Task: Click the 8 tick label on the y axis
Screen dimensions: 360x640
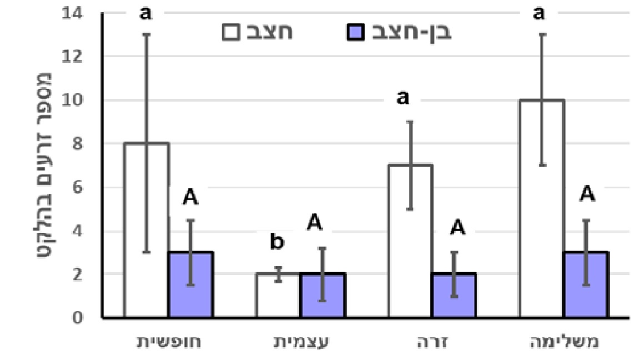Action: (x=76, y=144)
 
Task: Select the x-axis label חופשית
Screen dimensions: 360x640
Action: (x=169, y=341)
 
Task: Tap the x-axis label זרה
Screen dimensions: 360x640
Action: (x=432, y=341)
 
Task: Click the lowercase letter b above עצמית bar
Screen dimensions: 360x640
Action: (x=277, y=242)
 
